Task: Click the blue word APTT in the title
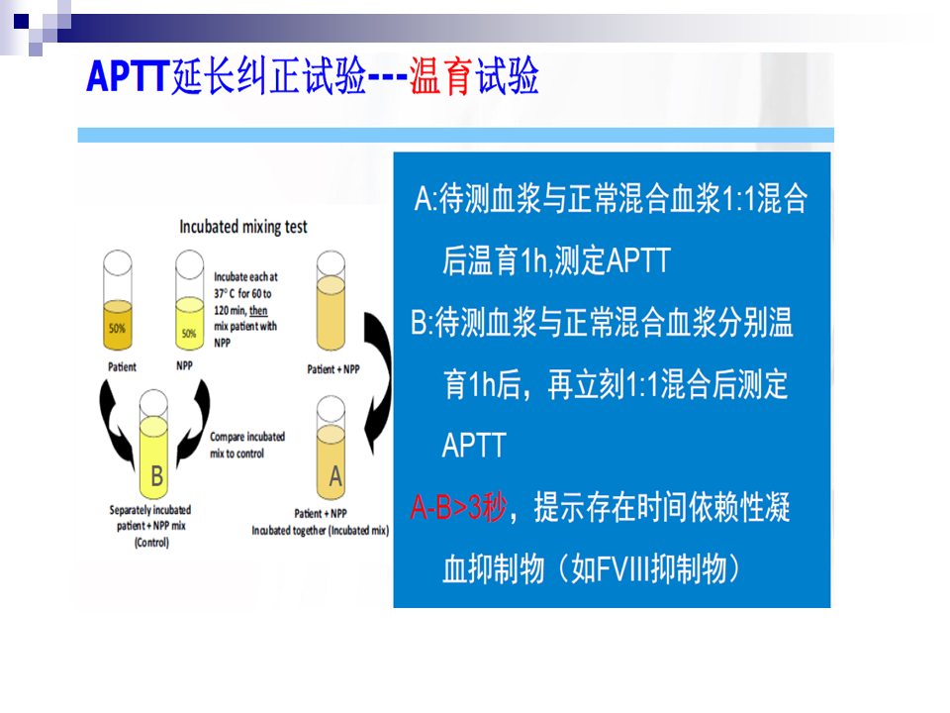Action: tap(128, 76)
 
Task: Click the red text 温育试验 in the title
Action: tap(474, 76)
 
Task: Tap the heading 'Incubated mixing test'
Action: tap(243, 227)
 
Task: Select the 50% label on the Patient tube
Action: tap(117, 328)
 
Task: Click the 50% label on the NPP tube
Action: tap(189, 333)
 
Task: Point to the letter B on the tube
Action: tap(156, 476)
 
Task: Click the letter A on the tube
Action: tap(335, 476)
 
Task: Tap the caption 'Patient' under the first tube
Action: tap(122, 366)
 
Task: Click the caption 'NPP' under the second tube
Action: tap(184, 365)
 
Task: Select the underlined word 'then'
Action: tap(258, 310)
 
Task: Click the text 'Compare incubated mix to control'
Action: tap(247, 445)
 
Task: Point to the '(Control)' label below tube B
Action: tap(151, 543)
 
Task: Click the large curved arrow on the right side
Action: tap(380, 381)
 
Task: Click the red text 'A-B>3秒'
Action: tap(458, 507)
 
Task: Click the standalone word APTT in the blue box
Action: tap(474, 446)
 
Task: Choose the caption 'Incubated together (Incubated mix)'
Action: tap(321, 531)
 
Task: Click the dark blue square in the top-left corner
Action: tap(21, 22)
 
